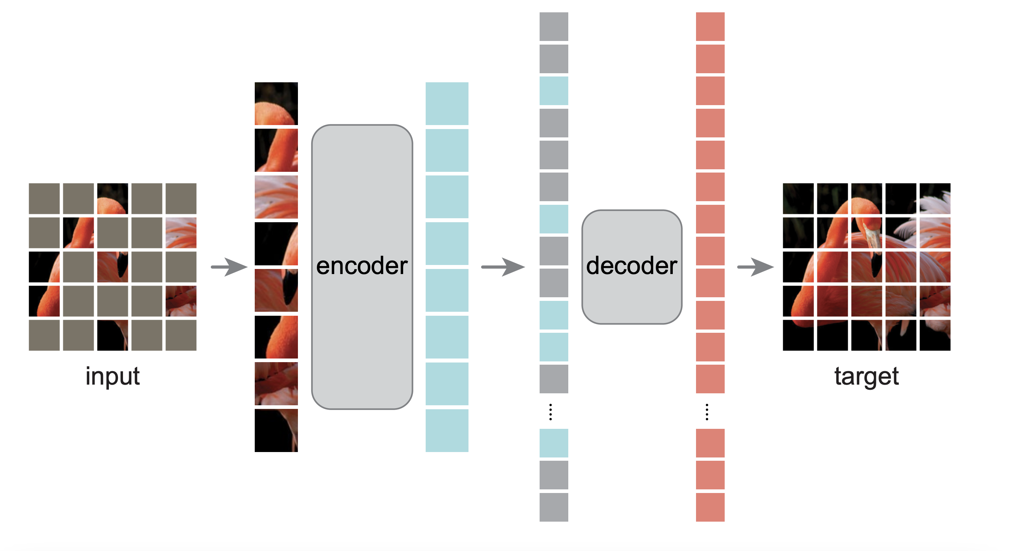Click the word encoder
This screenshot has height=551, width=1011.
[361, 266]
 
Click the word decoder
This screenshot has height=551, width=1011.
[631, 266]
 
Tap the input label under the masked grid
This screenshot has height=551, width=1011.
[112, 377]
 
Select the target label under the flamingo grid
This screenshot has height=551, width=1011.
[866, 377]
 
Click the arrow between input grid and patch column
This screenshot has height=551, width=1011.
[229, 267]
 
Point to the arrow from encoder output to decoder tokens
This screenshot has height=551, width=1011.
[503, 267]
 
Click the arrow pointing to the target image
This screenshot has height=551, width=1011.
[756, 267]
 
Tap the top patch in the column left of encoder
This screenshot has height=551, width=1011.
[276, 104]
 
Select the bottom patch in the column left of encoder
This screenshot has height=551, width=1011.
[276, 430]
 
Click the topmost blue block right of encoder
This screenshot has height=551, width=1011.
[447, 104]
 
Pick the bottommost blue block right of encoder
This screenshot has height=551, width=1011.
[447, 430]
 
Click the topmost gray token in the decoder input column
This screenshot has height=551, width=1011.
[553, 26]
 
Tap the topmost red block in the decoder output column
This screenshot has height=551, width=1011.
[710, 26]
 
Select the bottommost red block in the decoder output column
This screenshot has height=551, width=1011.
[710, 507]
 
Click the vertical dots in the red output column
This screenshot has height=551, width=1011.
[707, 412]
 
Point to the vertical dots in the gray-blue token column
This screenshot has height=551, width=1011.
[550, 412]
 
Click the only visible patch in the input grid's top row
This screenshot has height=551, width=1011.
[112, 198]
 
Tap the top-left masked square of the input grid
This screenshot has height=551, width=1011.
[44, 198]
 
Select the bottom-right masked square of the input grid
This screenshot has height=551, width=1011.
[181, 335]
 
